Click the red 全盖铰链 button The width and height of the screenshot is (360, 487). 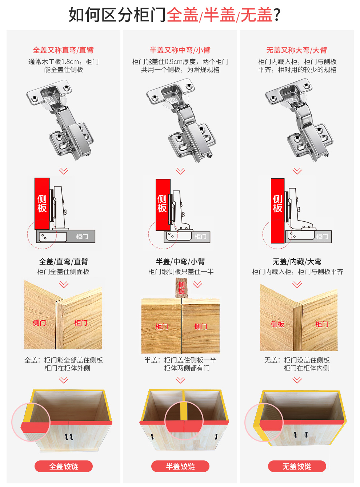(64, 466)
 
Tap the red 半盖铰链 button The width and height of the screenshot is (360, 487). (180, 466)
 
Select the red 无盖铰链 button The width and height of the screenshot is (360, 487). (297, 466)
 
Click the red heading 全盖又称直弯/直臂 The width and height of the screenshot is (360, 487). (63, 50)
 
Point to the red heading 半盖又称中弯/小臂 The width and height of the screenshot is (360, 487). (180, 50)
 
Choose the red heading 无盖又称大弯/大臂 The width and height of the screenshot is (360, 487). (297, 50)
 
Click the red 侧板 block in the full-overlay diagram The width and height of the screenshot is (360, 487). (42, 204)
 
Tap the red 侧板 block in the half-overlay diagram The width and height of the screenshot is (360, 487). (163, 205)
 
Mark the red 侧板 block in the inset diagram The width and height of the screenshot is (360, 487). (277, 210)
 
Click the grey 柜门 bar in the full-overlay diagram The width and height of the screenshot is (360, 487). (66, 237)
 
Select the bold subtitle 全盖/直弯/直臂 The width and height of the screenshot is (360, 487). (64, 262)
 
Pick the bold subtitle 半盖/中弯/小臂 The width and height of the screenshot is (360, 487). (180, 262)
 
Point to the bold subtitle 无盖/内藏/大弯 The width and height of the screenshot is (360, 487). (297, 262)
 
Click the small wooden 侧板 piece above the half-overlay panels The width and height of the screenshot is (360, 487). (181, 288)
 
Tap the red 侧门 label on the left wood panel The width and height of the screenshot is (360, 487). (39, 323)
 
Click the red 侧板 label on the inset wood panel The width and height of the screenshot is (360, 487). (277, 324)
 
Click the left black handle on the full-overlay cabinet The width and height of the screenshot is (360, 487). (66, 436)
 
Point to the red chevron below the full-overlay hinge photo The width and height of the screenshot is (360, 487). (64, 171)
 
